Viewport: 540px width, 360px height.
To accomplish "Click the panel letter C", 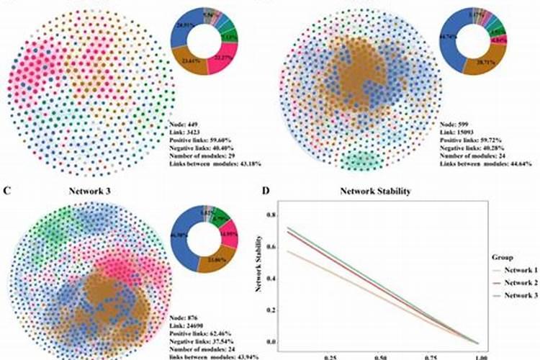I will (6, 191).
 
